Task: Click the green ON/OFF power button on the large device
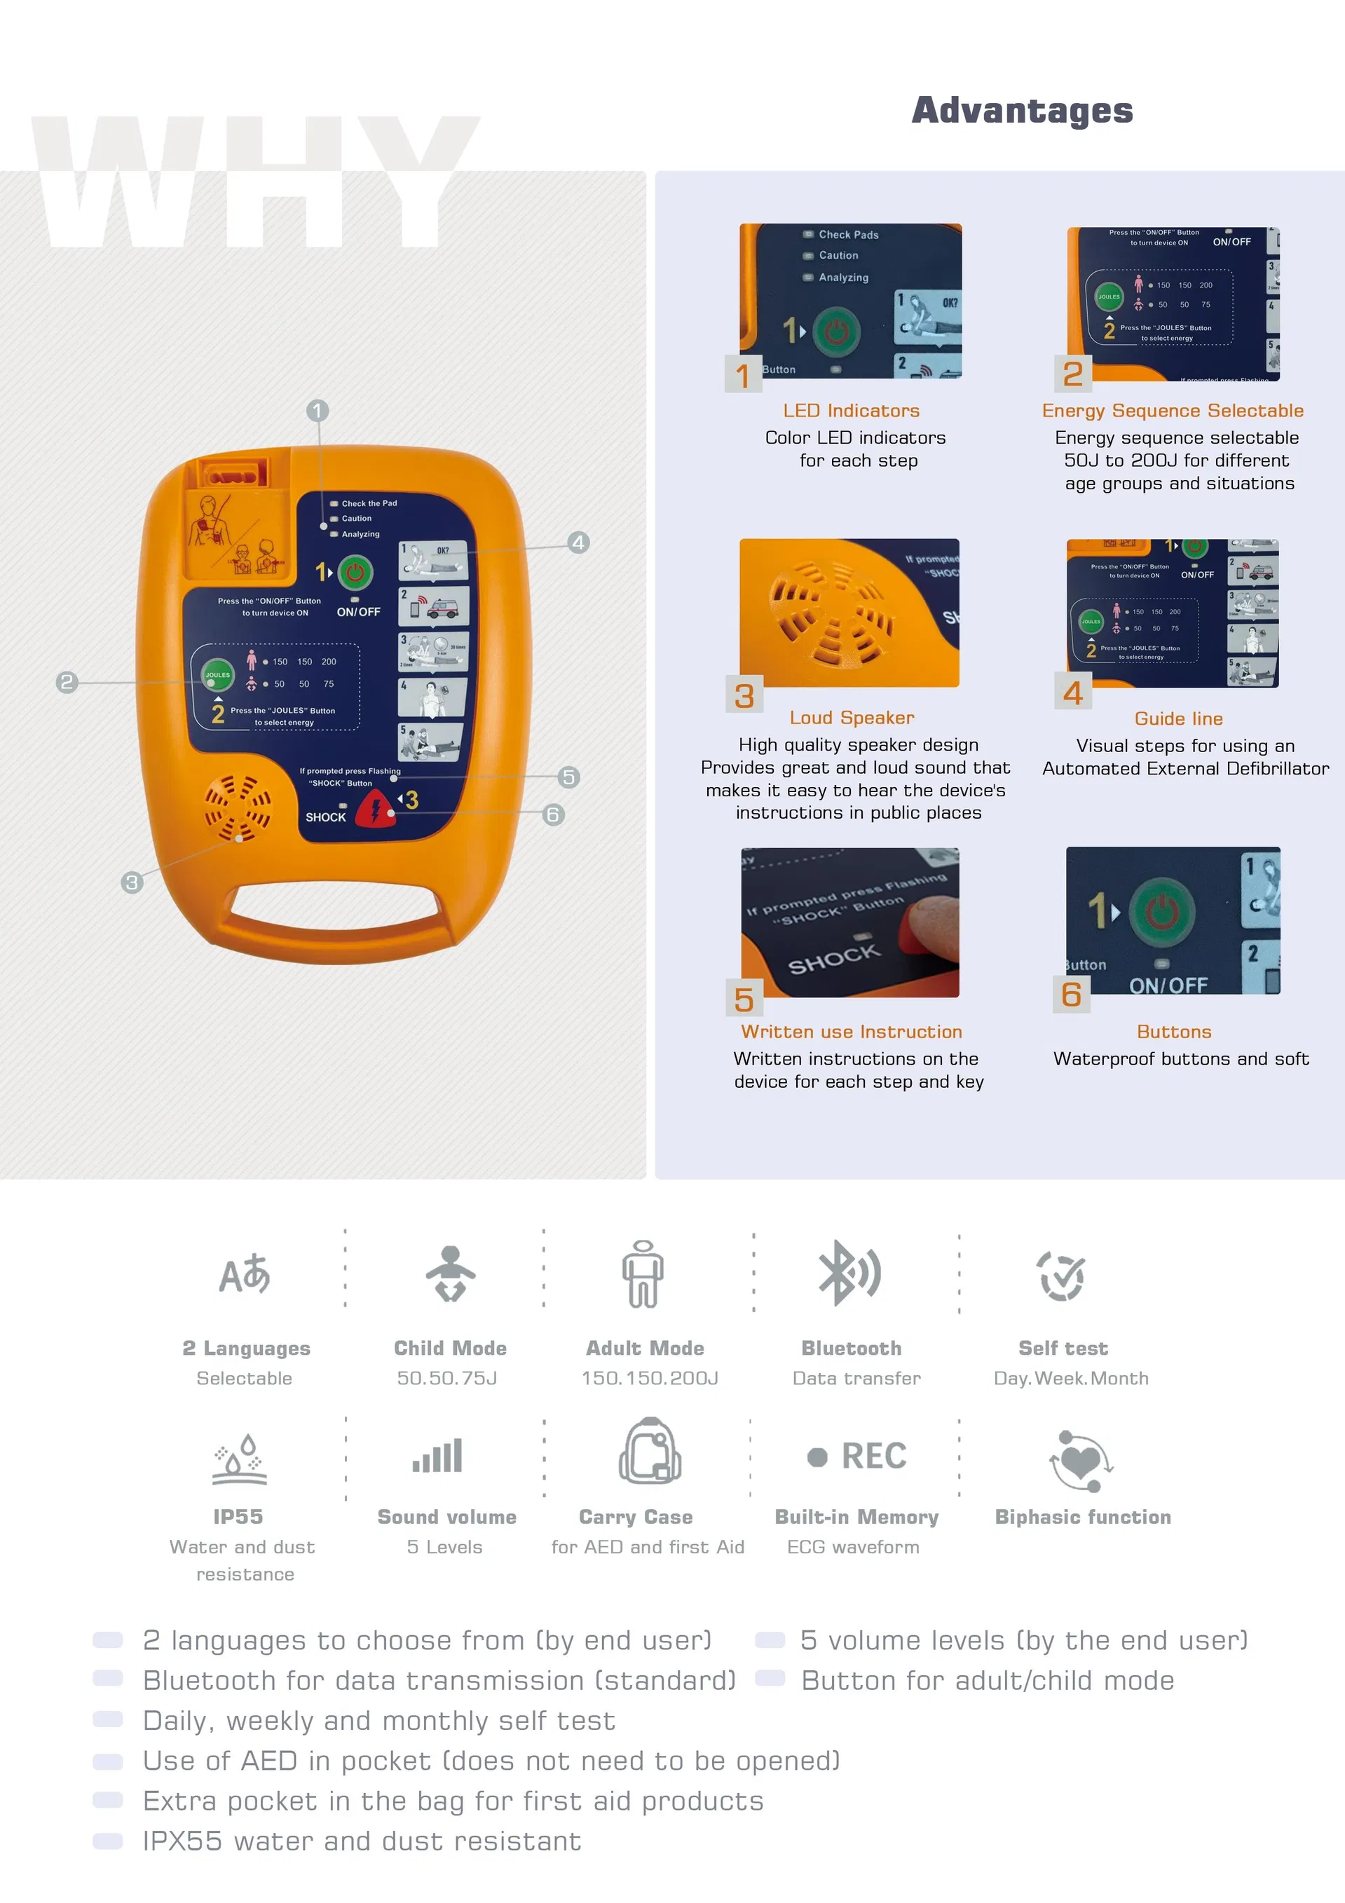coord(355,572)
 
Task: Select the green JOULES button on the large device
coord(218,674)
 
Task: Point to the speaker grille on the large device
coord(238,807)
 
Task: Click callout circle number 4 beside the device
coord(578,543)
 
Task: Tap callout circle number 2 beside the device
coord(67,682)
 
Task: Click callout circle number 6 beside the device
coord(554,814)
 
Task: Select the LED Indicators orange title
coord(851,410)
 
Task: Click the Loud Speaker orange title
coord(851,718)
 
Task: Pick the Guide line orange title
coord(1177,718)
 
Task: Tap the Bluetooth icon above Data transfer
coord(849,1273)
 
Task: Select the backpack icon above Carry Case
coord(650,1450)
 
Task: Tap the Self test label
coord(1063,1349)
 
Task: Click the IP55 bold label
coord(238,1517)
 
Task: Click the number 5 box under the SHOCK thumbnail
coord(744,1000)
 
